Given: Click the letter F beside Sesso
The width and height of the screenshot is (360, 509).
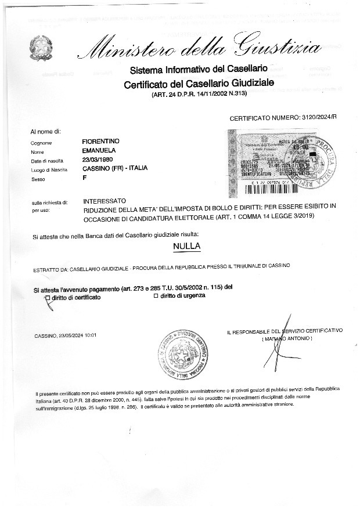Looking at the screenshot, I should coord(85,178).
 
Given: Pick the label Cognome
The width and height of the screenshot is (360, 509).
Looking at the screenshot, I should coord(41,143).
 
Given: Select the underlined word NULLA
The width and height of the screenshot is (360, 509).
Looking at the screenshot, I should coord(186,246).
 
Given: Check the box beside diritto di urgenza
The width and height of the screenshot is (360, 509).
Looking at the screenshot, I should coord(155,295).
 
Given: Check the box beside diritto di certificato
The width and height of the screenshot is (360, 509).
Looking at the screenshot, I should coord(48,297).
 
